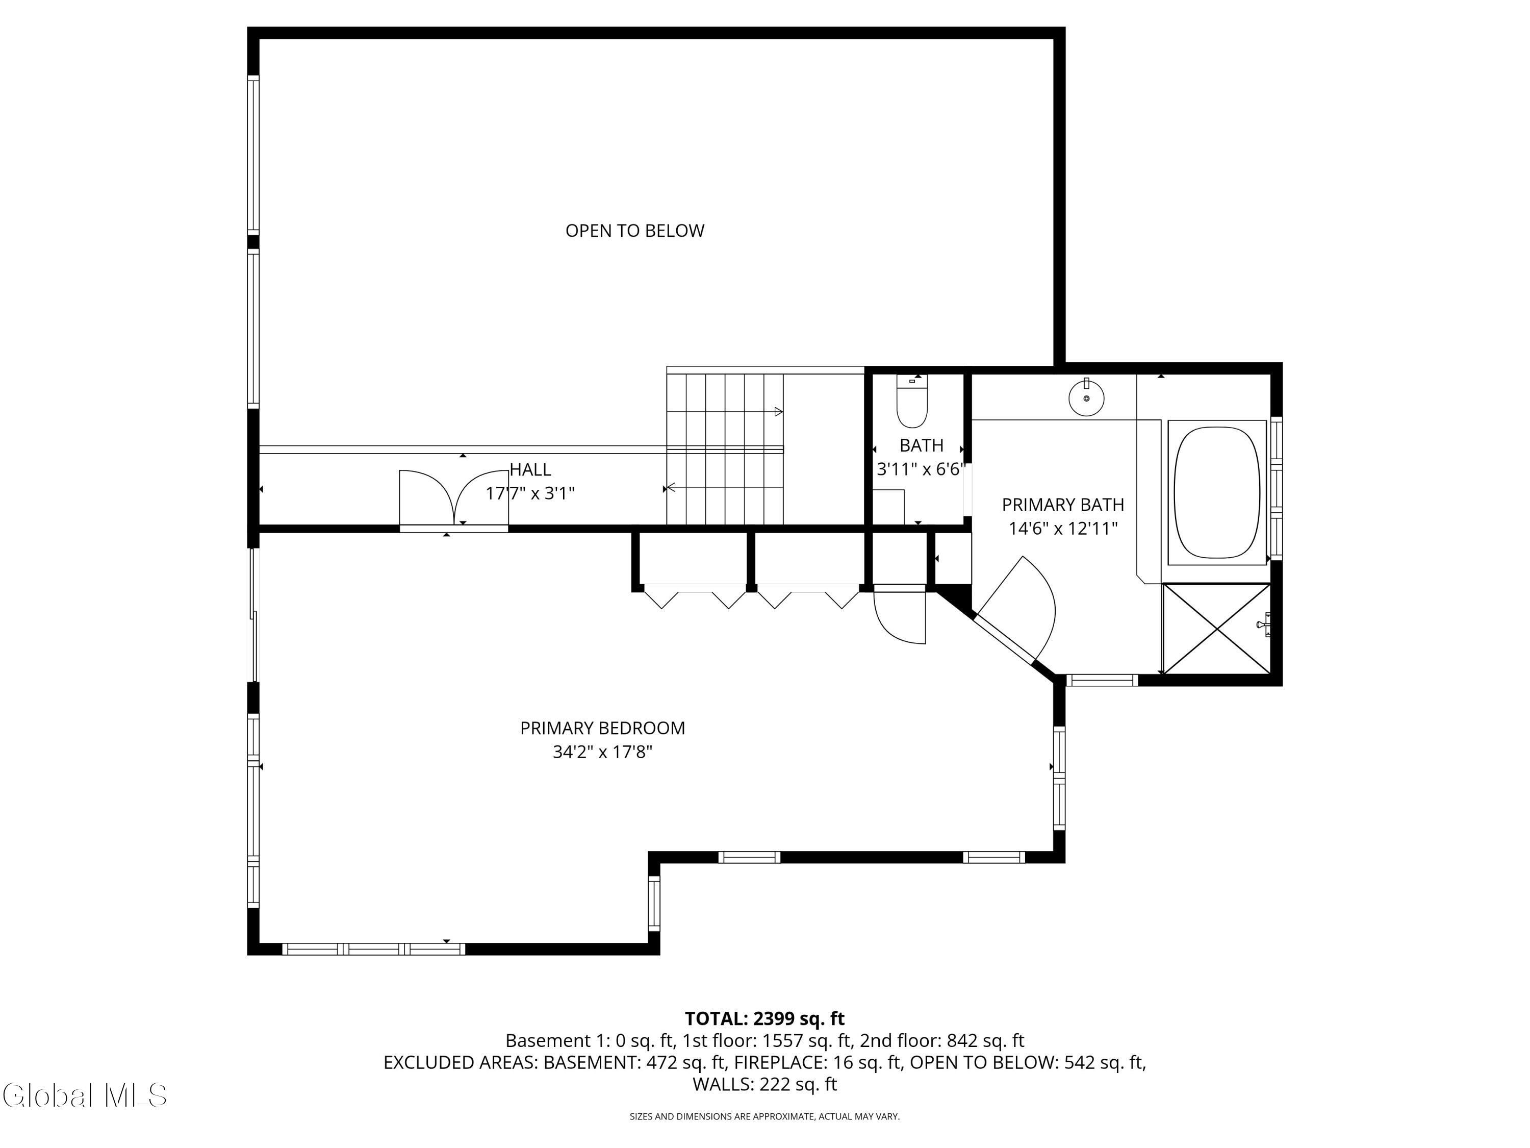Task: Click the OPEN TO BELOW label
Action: tap(635, 231)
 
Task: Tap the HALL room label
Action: tap(530, 470)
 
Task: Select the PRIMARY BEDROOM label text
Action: tap(602, 728)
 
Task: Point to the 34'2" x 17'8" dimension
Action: tap(602, 752)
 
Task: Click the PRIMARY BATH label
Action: tap(1063, 505)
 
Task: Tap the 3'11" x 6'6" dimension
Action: tap(921, 469)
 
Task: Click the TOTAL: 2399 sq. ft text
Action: tap(764, 1018)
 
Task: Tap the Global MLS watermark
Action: tap(84, 1095)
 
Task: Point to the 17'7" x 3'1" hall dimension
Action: tap(530, 493)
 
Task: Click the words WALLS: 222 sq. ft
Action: tap(764, 1084)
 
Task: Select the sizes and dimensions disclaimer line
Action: tap(764, 1116)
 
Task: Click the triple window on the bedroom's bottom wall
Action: tap(373, 949)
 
